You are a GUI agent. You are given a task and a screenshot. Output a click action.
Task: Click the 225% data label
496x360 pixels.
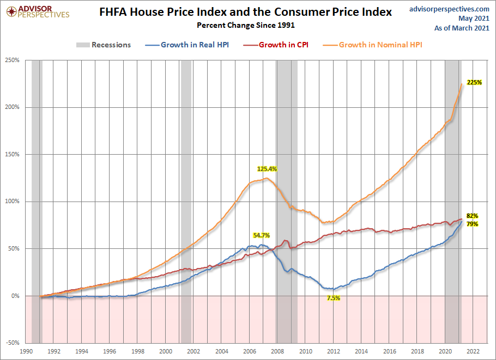[x=474, y=82]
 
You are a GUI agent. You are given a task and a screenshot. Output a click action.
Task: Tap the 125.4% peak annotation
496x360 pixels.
[x=267, y=169]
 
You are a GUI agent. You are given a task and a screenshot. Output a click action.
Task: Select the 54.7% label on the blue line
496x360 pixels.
[x=261, y=235]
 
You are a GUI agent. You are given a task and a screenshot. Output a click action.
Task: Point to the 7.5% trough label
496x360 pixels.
[x=333, y=298]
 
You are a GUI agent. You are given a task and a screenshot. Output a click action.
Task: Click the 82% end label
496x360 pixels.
[x=472, y=216]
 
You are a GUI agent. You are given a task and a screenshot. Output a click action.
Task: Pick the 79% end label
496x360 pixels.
[x=472, y=224]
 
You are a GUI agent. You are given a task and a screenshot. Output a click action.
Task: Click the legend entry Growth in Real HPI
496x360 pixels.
[x=195, y=45]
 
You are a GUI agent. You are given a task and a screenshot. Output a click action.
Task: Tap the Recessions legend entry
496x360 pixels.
[x=104, y=45]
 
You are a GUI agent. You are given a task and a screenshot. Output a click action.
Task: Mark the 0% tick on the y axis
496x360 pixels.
[x=15, y=296]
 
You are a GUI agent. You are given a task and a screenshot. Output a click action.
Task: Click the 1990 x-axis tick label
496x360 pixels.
[x=26, y=352]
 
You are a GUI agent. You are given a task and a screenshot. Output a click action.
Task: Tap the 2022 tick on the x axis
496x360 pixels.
[x=473, y=352]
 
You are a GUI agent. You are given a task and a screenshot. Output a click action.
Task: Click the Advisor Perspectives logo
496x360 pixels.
[x=36, y=11]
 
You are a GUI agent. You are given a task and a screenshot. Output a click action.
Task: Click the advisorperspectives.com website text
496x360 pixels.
[x=449, y=9]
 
